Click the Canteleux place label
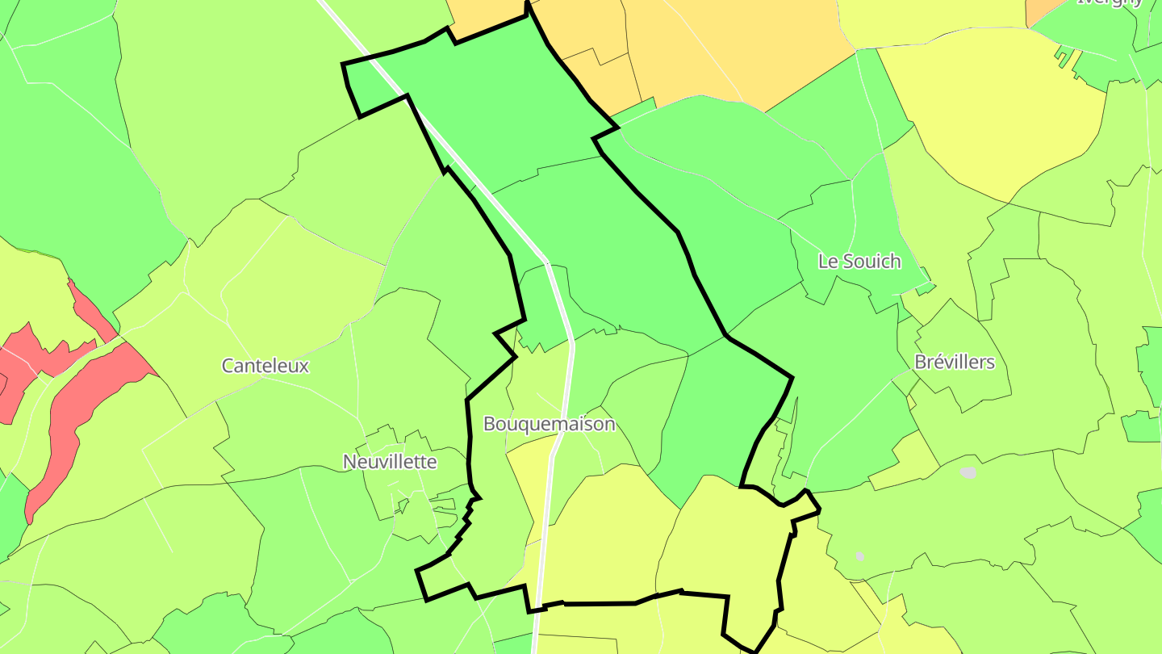pyautogui.click(x=265, y=366)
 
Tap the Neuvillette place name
pyautogui.click(x=390, y=462)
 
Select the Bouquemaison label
pyautogui.click(x=549, y=424)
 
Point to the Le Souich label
pyautogui.click(x=859, y=262)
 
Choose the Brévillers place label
pyautogui.click(x=955, y=362)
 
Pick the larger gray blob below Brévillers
pyautogui.click(x=968, y=472)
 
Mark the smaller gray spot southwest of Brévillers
pyautogui.click(x=860, y=555)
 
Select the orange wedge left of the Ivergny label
pyautogui.click(x=1046, y=10)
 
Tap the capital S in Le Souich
pyautogui.click(x=849, y=262)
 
